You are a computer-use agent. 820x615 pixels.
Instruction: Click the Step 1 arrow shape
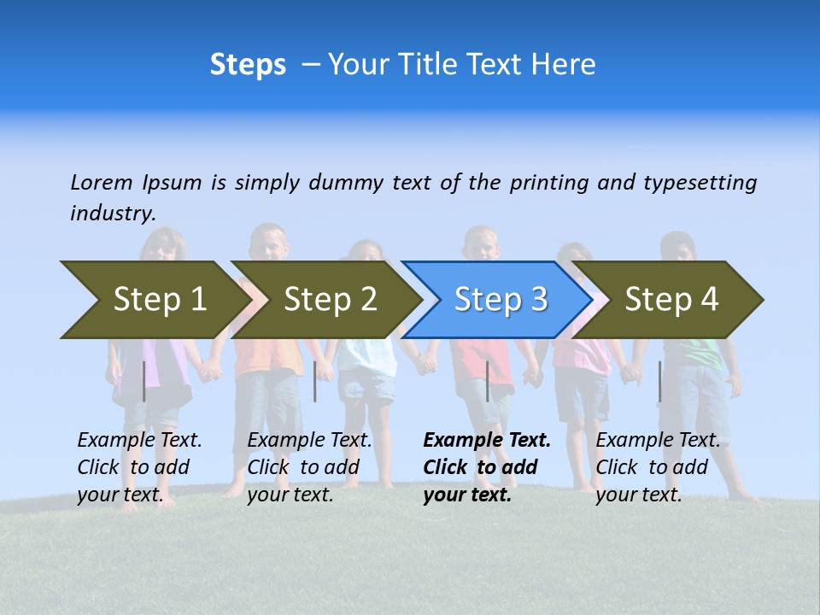point(159,300)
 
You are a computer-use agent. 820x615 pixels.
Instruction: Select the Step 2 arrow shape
point(330,300)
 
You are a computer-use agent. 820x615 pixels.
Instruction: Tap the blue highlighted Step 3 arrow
point(501,300)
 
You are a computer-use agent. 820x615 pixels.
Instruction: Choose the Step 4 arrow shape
point(671,300)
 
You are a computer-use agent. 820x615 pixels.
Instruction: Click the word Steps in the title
point(248,65)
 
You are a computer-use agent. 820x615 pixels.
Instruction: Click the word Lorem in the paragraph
point(102,182)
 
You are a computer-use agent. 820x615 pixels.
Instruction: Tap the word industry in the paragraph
point(113,213)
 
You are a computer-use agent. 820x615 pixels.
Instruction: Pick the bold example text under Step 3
point(487,467)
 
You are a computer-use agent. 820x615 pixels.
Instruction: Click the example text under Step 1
point(140,467)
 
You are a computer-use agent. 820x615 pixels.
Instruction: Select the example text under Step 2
point(309,467)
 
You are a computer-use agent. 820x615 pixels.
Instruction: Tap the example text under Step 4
point(658,467)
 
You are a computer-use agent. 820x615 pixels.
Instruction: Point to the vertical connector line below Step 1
point(144,381)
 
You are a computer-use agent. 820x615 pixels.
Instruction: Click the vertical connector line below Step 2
point(315,381)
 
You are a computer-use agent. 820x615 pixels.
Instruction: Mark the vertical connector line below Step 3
point(487,381)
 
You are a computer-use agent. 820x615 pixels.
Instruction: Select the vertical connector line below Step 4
point(659,381)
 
